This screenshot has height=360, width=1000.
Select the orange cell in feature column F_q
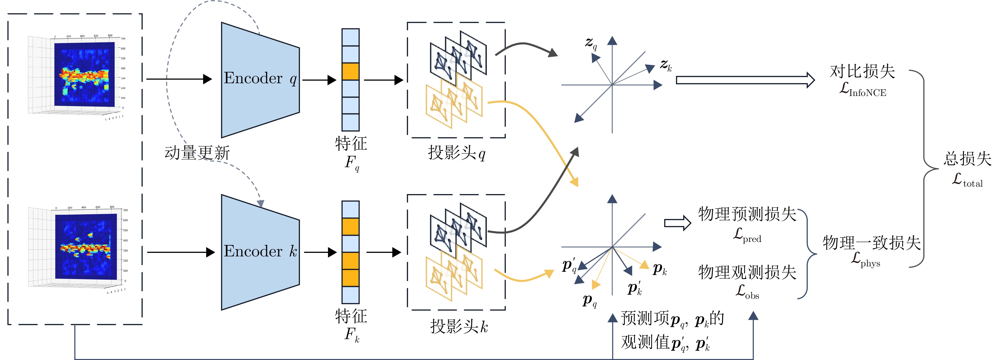pyautogui.click(x=350, y=72)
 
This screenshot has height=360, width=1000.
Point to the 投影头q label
pyautogui.click(x=456, y=153)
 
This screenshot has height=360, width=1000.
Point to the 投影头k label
pyautogui.click(x=458, y=326)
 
